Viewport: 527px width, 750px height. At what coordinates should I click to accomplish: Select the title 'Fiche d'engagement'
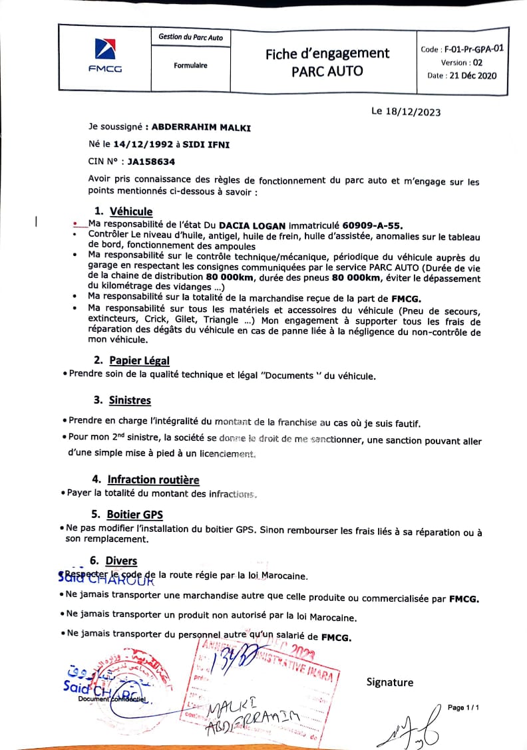pyautogui.click(x=327, y=54)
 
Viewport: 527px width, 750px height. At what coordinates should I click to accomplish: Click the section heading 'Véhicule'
pyautogui.click(x=131, y=211)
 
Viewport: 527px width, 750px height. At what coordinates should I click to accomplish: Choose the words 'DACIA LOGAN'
pyautogui.click(x=251, y=224)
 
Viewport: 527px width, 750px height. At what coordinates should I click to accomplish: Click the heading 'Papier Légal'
pyautogui.click(x=139, y=360)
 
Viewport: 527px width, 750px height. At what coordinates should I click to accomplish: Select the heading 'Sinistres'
pyautogui.click(x=130, y=400)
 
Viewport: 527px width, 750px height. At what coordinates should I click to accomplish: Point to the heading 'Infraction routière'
pyautogui.click(x=153, y=479)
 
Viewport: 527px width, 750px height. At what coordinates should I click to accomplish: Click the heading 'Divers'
pyautogui.click(x=121, y=561)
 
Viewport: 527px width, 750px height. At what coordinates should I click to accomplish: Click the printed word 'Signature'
pyautogui.click(x=390, y=682)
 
